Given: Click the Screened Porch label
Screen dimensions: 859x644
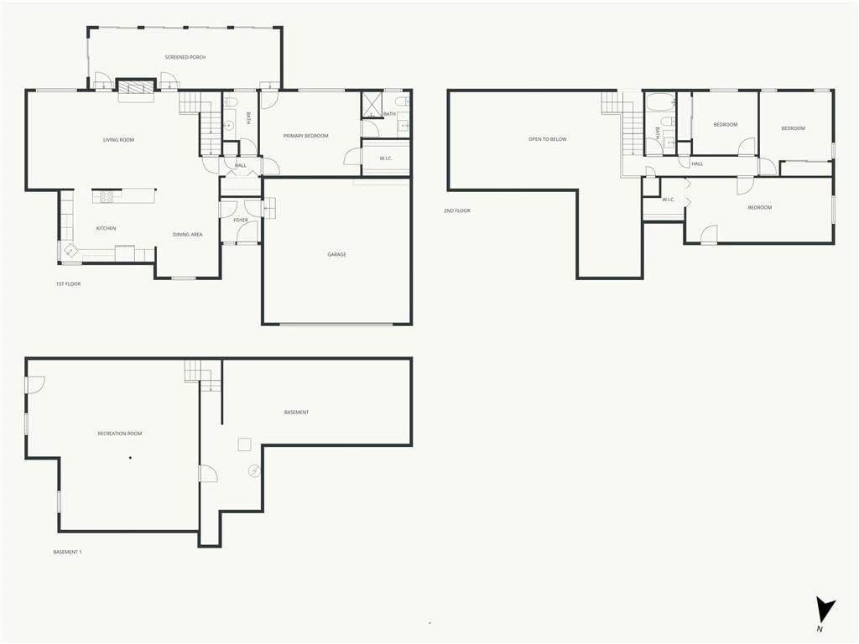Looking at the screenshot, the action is point(185,57).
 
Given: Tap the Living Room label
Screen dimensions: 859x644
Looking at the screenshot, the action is point(118,140).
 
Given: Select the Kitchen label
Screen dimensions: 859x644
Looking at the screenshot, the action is point(106,228).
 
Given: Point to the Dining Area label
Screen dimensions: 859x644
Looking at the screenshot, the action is point(187,235).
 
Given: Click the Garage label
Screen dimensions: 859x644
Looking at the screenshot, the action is point(336,254).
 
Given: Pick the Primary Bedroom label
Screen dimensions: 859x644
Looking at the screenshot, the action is point(305,136).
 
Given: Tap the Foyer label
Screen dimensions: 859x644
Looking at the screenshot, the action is point(241,221).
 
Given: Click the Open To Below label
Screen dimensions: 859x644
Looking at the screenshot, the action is point(547,139).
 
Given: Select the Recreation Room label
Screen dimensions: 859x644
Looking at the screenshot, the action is point(119,434).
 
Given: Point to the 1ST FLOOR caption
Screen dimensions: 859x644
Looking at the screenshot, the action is point(68,283).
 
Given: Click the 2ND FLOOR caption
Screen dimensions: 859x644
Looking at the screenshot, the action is point(457,210).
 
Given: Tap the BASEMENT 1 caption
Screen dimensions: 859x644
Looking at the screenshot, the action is point(67,552).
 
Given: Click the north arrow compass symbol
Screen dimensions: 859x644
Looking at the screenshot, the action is point(824,610).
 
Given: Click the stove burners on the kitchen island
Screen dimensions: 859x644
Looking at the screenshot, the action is point(107,196).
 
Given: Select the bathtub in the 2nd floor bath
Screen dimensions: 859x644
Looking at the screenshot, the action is point(661,101).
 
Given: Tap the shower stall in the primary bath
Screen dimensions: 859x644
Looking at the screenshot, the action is point(372,105).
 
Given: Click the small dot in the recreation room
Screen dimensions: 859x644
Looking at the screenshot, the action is point(130,458).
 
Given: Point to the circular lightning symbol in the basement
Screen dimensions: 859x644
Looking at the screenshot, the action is point(254,470).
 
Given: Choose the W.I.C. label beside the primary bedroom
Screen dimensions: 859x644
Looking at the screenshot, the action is point(386,158).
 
